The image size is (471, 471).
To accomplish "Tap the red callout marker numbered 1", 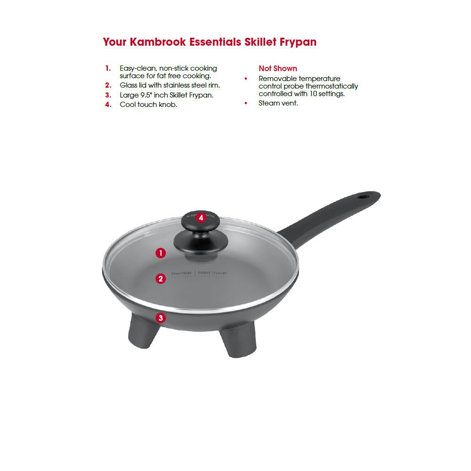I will tap(161, 253).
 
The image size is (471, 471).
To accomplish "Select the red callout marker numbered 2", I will tap(161, 278).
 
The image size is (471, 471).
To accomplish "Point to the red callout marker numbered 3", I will tap(161, 317).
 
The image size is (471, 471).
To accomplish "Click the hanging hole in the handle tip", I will tap(365, 195).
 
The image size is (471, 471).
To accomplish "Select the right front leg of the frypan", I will tap(236, 343).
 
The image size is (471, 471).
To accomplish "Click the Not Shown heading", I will tap(278, 69).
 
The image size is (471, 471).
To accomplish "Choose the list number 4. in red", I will tap(108, 105).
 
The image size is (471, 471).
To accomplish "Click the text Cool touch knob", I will tap(148, 105).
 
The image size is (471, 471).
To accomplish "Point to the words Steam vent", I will tap(278, 103).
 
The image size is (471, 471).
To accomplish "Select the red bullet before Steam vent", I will tap(246, 103).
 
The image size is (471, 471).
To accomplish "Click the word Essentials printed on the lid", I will tap(181, 273).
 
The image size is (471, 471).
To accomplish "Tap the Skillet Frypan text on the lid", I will tap(212, 273).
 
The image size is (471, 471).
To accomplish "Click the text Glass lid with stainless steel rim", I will tap(170, 85).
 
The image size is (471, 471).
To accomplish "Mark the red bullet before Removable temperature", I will tap(246, 79).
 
